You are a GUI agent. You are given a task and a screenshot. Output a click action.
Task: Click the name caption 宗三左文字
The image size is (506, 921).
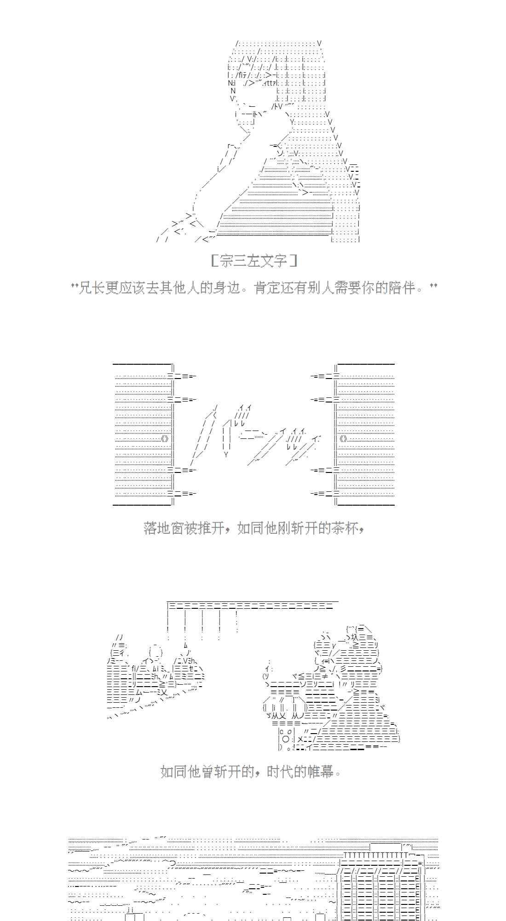pyautogui.click(x=253, y=262)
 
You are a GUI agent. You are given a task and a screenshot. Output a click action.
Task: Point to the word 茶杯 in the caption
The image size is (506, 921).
pyautogui.click(x=344, y=528)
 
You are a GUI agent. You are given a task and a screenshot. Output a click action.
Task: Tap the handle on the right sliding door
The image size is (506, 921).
pyautogui.click(x=343, y=438)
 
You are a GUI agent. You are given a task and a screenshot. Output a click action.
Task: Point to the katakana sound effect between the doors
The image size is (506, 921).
pyautogui.click(x=255, y=435)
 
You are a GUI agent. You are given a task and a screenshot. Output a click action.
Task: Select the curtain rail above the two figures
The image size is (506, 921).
pyautogui.click(x=251, y=605)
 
